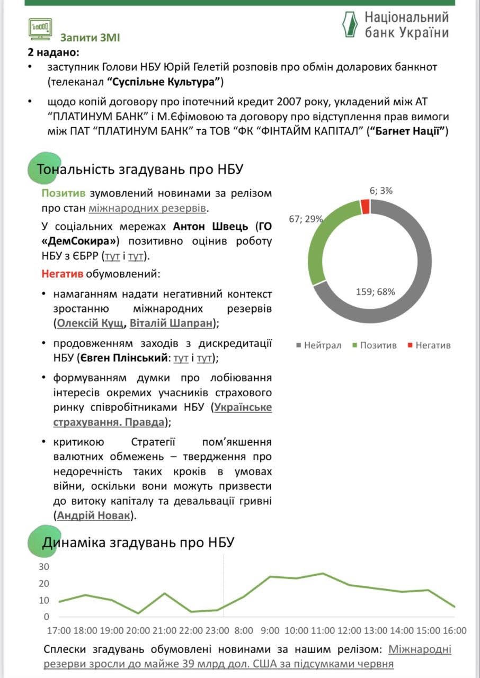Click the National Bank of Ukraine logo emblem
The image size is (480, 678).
(350, 24)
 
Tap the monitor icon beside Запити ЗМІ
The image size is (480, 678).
(40, 30)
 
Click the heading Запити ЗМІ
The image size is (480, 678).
(90, 38)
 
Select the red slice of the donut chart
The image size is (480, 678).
(365, 207)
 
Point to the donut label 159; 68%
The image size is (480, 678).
(375, 291)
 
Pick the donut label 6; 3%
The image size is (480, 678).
(381, 191)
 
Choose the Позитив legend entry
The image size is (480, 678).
(374, 345)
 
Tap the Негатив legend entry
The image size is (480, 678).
(429, 345)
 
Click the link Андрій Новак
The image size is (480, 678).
(93, 515)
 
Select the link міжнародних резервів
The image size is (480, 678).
(147, 208)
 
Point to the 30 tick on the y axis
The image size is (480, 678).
(44, 567)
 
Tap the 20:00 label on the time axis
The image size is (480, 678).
(138, 631)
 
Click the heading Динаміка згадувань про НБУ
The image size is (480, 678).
(138, 542)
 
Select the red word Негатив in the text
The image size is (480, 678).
(63, 274)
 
